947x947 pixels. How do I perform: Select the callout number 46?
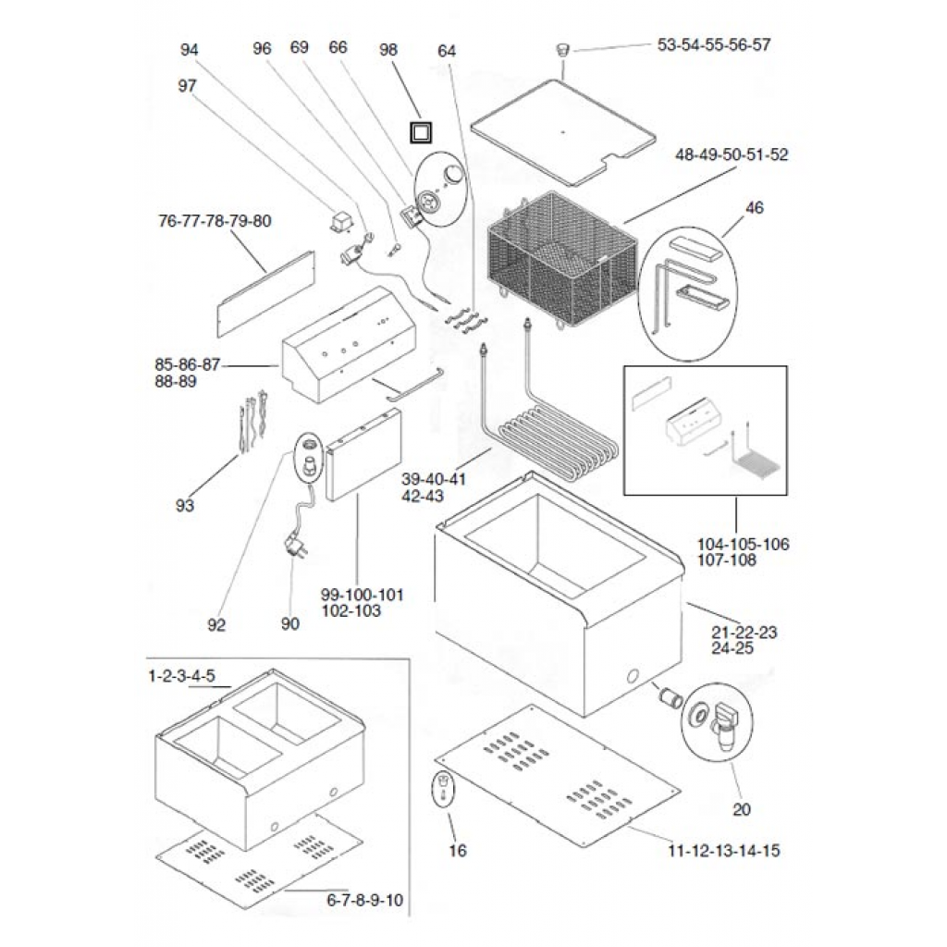click(755, 209)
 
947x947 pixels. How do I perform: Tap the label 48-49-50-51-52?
click(732, 155)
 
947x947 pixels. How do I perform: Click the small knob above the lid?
click(561, 49)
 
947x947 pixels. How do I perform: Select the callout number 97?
click(188, 85)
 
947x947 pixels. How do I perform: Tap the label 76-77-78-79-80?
click(215, 222)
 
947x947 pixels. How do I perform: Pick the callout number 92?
click(216, 625)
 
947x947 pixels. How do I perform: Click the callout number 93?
click(185, 505)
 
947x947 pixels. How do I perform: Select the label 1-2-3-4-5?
click(182, 676)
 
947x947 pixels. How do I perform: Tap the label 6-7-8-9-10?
click(364, 900)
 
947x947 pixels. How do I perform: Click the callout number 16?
click(458, 850)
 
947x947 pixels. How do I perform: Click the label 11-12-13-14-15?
click(721, 850)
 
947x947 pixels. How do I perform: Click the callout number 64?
click(447, 51)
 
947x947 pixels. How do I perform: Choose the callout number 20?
click(742, 810)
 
